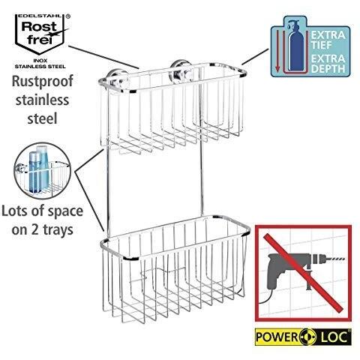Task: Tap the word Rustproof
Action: pyautogui.click(x=43, y=82)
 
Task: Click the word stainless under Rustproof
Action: pyautogui.click(x=42, y=100)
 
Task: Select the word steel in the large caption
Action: pyautogui.click(x=42, y=118)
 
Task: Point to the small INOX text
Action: pyautogui.click(x=40, y=61)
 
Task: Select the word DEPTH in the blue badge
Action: pyautogui.click(x=328, y=68)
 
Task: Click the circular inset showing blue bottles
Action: pyautogui.click(x=43, y=171)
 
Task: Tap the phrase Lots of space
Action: pyautogui.click(x=42, y=211)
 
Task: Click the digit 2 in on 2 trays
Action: pyautogui.click(x=35, y=230)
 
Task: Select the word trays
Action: pyautogui.click(x=58, y=230)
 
